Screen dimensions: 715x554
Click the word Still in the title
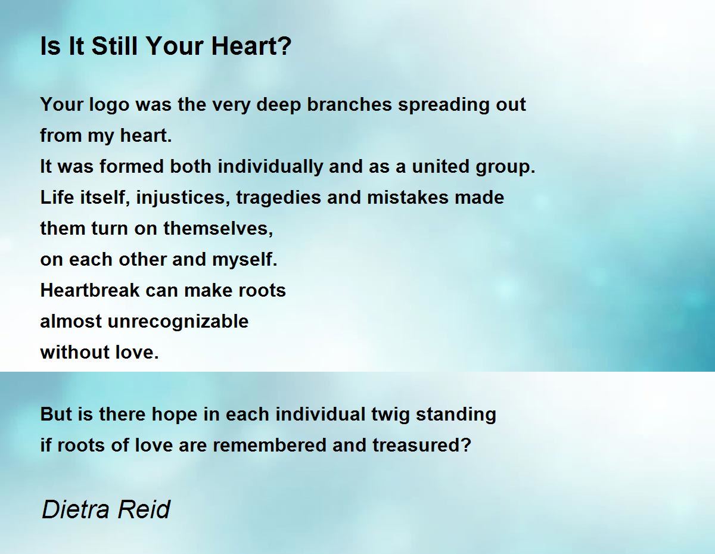(x=114, y=46)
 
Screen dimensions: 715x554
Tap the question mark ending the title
(x=285, y=46)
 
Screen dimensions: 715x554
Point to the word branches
(x=349, y=104)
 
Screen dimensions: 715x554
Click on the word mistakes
(x=408, y=197)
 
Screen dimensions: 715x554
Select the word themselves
(x=218, y=228)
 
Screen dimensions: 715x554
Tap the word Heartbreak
(x=90, y=290)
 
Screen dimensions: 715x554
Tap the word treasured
(x=418, y=445)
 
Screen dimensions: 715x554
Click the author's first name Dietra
(x=80, y=509)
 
